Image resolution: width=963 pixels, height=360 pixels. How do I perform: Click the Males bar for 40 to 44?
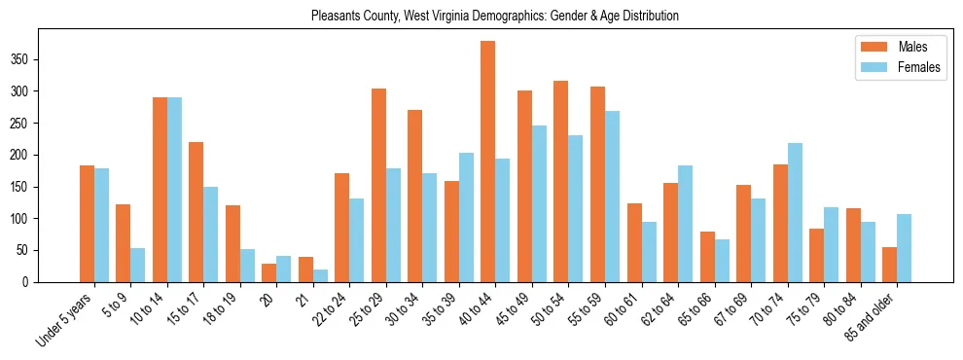[x=488, y=162]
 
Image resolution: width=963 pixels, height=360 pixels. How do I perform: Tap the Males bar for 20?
[x=269, y=272]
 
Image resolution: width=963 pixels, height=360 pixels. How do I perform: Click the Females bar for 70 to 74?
[x=795, y=213]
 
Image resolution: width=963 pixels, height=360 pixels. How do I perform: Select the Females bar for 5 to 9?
[x=138, y=265]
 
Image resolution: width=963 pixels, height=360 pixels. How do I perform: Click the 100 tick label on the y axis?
[x=27, y=219]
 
